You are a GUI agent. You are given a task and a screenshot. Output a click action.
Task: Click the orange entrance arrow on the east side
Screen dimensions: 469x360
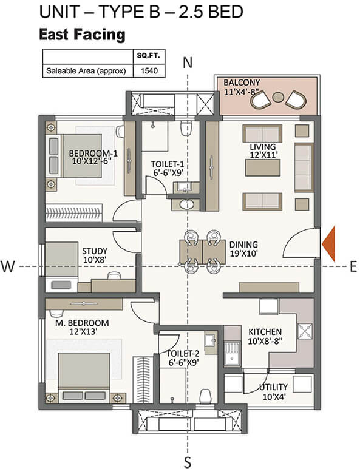pos(330,243)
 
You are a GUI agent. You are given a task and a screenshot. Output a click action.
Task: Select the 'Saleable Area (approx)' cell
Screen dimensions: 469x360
pos(86,71)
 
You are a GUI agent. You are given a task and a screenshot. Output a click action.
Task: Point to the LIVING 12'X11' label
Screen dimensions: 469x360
pos(262,151)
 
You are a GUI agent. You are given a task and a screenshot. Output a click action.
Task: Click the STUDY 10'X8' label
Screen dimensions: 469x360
pos(94,255)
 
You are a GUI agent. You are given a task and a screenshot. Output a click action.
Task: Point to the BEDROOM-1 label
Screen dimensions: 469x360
pos(93,157)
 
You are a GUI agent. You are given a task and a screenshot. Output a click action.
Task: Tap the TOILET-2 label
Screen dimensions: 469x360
pos(182,357)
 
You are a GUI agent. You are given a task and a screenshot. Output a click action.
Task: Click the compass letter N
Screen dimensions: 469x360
pos(188,62)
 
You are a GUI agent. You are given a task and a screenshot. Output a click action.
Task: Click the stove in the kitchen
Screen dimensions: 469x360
pos(304,331)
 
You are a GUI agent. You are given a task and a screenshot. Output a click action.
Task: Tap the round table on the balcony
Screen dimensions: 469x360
pos(279,97)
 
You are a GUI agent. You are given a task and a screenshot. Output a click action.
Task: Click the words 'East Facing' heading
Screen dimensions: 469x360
pos(82,35)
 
